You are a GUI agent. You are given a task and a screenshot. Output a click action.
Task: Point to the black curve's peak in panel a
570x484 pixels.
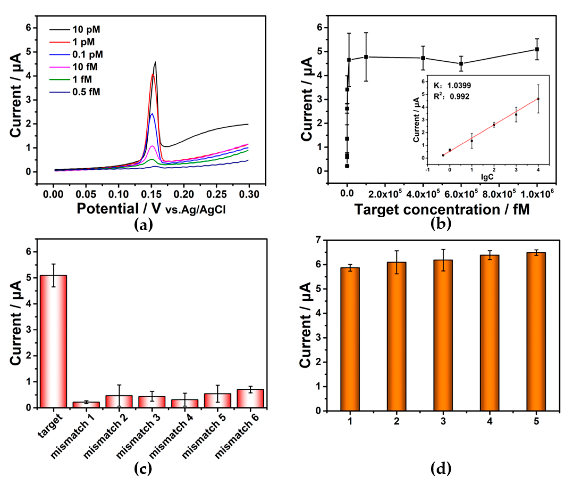coord(155,63)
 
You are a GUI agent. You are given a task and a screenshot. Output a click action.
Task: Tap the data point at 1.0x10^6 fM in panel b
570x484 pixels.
coord(537,49)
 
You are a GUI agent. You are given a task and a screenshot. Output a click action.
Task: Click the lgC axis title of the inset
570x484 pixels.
coord(487,177)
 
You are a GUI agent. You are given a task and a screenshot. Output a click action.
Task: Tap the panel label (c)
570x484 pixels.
coord(143,469)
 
